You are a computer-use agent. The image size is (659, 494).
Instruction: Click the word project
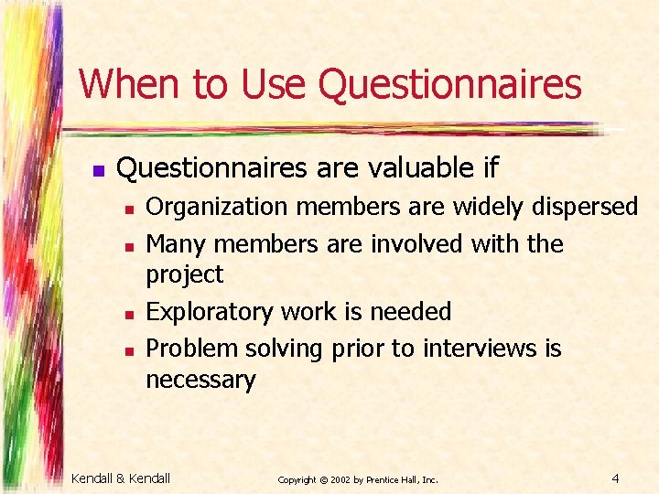click(x=185, y=274)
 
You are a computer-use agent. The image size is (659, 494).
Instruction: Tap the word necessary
click(x=200, y=379)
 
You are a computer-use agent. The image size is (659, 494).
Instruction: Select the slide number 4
click(x=616, y=478)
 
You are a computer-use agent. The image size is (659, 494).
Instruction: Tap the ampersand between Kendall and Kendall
click(x=122, y=478)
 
